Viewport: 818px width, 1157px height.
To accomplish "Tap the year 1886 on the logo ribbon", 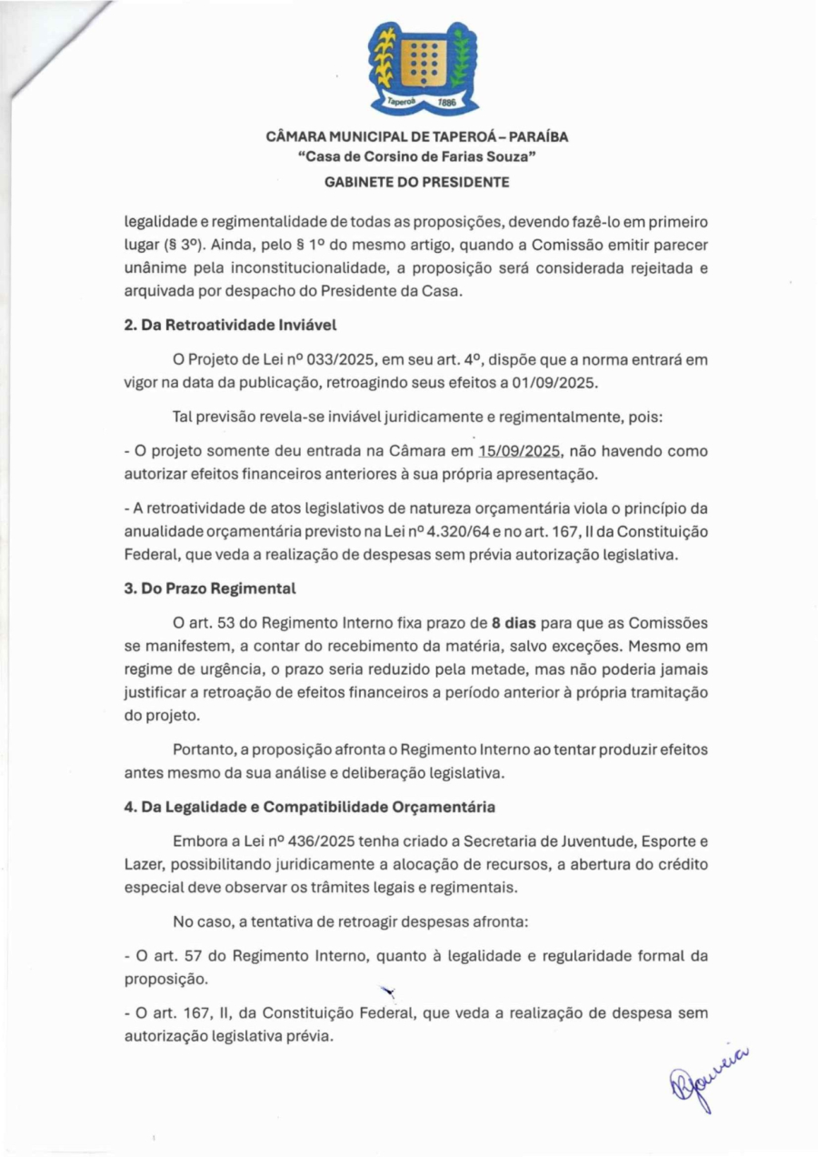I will pos(445,104).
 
